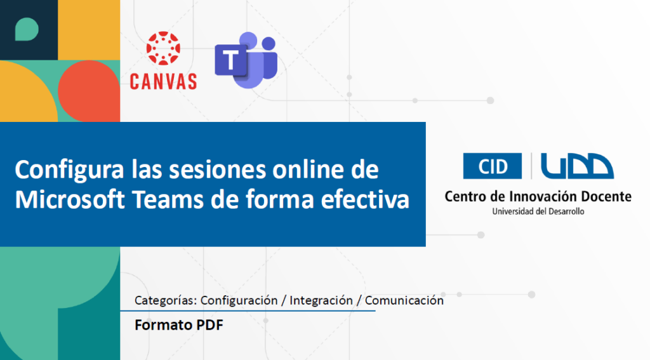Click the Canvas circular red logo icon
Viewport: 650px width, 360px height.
pos(163,48)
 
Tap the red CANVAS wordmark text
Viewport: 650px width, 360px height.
pos(163,81)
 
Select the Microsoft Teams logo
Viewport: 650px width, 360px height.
pos(246,60)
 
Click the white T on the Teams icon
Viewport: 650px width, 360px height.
pos(230,60)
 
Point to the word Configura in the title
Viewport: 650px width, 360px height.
pos(69,170)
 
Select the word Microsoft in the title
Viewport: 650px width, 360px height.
pos(70,199)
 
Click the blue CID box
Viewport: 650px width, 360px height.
pos(493,166)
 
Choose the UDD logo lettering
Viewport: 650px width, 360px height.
pos(577,166)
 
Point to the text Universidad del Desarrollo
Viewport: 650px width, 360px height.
pos(538,211)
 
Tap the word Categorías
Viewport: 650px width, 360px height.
pos(166,300)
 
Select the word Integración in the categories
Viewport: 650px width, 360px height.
pos(321,300)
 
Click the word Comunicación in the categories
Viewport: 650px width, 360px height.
pos(404,300)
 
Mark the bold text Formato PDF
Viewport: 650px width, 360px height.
pos(178,324)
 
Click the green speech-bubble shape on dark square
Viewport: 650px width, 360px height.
pos(27,29)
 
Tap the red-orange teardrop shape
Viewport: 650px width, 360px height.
pos(89,91)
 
